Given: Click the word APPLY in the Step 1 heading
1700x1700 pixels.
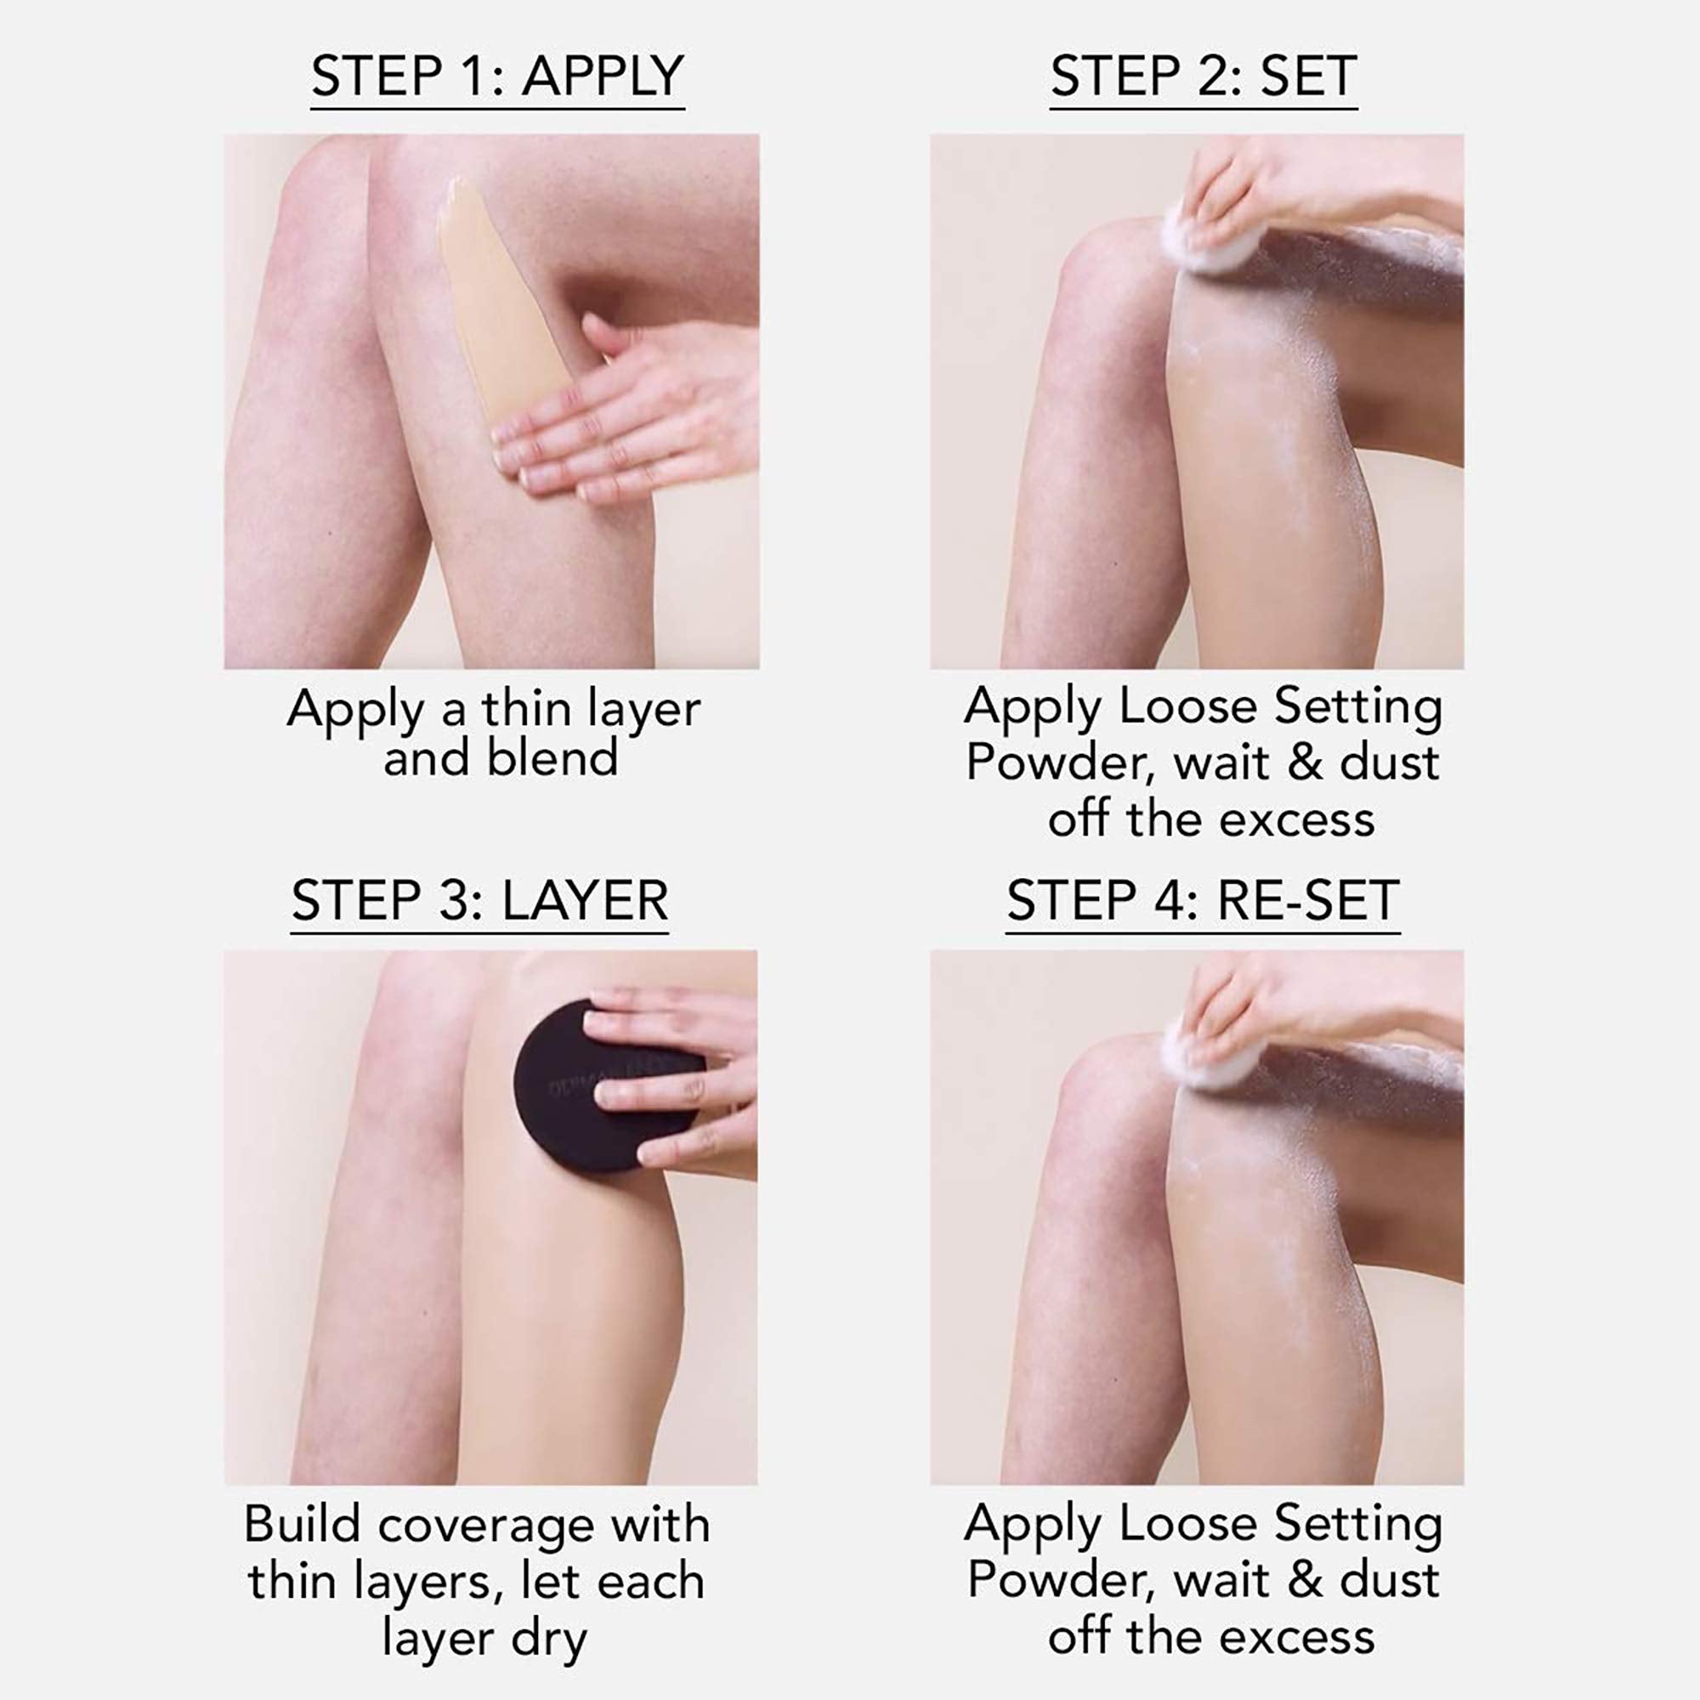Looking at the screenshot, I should tap(603, 76).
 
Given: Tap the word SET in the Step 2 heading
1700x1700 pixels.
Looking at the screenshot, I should tap(1308, 76).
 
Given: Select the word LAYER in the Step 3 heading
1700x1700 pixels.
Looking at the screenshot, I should tap(585, 901).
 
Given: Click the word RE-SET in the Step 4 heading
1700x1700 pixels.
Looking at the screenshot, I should tap(1307, 901).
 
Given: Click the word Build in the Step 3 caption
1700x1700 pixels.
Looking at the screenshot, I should tap(302, 1525).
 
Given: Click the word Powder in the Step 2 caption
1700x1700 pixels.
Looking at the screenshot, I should tap(1059, 763).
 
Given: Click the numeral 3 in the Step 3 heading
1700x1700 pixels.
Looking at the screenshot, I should tap(453, 901).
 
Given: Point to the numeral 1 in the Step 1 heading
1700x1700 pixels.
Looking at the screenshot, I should tap(475, 76).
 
